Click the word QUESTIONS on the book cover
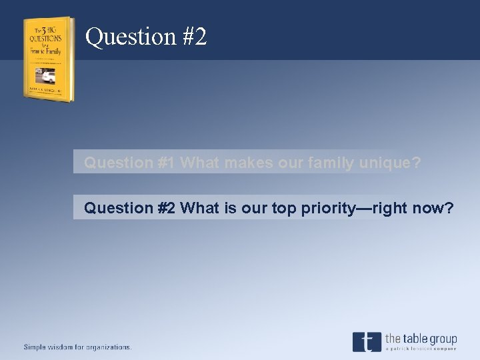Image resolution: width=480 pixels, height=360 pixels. coord(46,37)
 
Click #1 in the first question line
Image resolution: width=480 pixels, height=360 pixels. coord(167,162)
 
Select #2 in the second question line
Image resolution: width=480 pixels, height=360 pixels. coord(167,208)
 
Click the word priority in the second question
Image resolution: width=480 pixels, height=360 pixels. coord(331,208)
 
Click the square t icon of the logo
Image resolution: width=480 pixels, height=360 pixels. coord(366,341)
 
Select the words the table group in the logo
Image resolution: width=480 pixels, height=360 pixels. coord(421,339)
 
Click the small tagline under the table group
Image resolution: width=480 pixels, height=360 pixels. coord(421,349)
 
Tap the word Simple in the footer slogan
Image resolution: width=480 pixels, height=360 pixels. coord(37,347)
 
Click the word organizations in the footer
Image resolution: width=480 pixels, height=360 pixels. coord(108,347)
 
